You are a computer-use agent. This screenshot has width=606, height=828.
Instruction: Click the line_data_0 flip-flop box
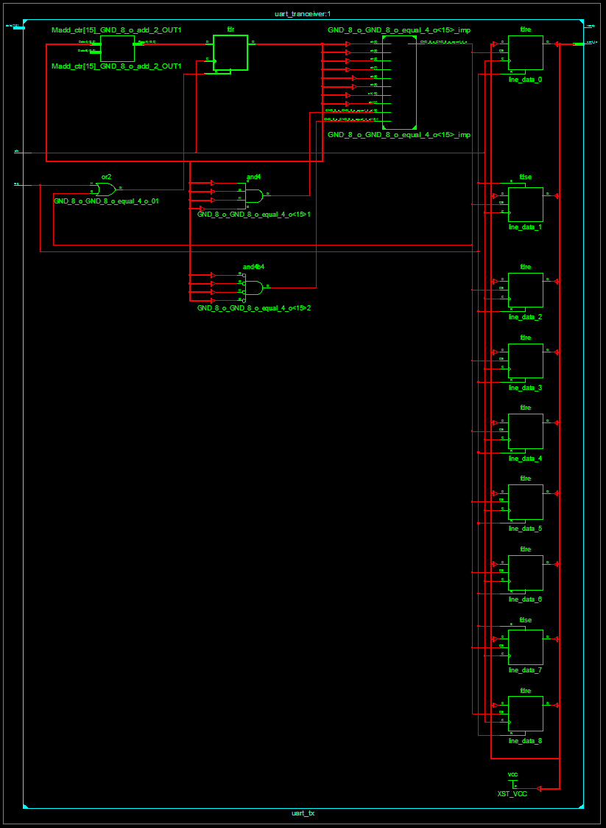[x=525, y=53]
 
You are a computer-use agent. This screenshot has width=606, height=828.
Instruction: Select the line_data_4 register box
[x=525, y=431]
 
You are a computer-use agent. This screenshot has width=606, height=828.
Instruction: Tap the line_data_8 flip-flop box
[x=525, y=714]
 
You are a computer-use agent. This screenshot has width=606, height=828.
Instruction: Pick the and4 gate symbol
[x=253, y=195]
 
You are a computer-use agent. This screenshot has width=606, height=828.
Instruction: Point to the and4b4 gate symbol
[x=253, y=288]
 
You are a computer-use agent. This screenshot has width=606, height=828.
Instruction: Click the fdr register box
[x=230, y=52]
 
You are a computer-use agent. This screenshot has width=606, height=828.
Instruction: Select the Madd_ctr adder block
[x=117, y=49]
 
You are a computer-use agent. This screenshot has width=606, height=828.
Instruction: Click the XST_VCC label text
[x=512, y=794]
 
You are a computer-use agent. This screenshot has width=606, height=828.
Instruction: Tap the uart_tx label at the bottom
[x=303, y=813]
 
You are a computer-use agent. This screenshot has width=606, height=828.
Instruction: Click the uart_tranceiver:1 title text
[x=303, y=14]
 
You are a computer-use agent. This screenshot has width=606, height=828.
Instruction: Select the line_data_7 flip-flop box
[x=525, y=647]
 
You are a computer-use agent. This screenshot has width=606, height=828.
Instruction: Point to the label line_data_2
[x=525, y=317]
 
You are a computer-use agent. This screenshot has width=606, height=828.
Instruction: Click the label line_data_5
[x=525, y=529]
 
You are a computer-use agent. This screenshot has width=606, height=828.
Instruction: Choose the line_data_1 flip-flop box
[x=525, y=204]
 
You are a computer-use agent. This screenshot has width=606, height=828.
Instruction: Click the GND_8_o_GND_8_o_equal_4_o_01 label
[x=106, y=201]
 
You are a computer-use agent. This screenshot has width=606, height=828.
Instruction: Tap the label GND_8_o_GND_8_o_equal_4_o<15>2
[x=253, y=307]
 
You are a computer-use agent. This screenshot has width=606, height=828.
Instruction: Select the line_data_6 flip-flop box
[x=525, y=573]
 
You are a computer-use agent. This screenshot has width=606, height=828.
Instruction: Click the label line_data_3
[x=525, y=388]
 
